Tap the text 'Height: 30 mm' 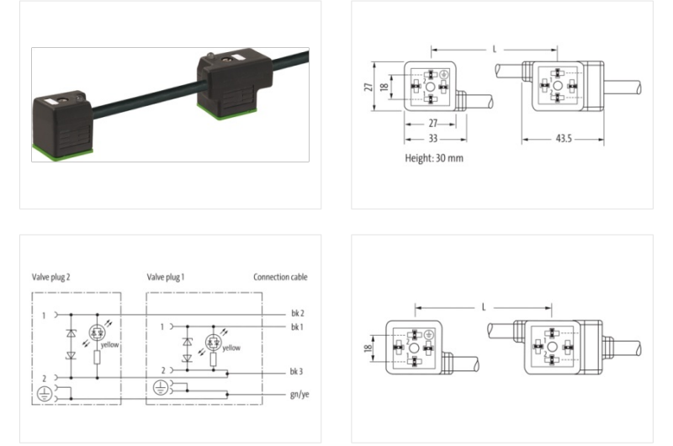coord(433,157)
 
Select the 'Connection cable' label coord(281,276)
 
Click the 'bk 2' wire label coord(296,313)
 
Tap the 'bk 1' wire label coord(296,326)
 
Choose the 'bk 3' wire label coord(296,371)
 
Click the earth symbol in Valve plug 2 coord(44,393)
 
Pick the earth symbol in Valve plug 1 coord(161,388)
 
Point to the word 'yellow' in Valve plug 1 coord(231,348)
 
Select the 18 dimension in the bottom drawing coord(368,347)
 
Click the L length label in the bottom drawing coord(485,307)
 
